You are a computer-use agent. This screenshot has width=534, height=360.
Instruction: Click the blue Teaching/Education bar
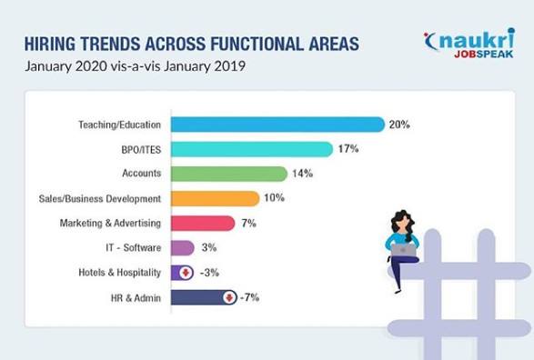click(277, 125)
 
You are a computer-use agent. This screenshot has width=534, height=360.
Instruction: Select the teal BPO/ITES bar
click(252, 149)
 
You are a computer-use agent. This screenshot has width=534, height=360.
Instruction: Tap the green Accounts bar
click(229, 174)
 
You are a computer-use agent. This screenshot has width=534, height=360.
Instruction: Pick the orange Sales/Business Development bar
click(216, 199)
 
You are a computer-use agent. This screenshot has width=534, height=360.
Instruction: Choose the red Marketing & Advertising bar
click(203, 224)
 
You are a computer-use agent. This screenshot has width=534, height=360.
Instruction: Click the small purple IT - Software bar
click(183, 247)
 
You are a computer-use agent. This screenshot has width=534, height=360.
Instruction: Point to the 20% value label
click(399, 125)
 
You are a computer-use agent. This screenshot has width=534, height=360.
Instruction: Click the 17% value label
click(348, 149)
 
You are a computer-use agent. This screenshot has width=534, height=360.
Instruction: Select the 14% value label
click(302, 174)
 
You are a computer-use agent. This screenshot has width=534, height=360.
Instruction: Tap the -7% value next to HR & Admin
click(249, 297)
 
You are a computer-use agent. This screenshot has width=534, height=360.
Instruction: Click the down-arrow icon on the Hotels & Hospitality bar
click(186, 273)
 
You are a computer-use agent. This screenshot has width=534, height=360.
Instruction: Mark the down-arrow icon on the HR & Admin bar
click(229, 298)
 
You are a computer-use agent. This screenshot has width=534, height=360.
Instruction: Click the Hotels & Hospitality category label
click(119, 273)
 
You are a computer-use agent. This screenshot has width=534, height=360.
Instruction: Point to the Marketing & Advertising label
click(110, 224)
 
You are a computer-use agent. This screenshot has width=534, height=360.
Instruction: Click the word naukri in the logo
click(477, 39)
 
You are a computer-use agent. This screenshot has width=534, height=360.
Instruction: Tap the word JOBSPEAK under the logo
click(484, 55)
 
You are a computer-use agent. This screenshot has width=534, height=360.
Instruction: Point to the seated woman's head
click(403, 221)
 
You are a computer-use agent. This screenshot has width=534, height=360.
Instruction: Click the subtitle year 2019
click(229, 66)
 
